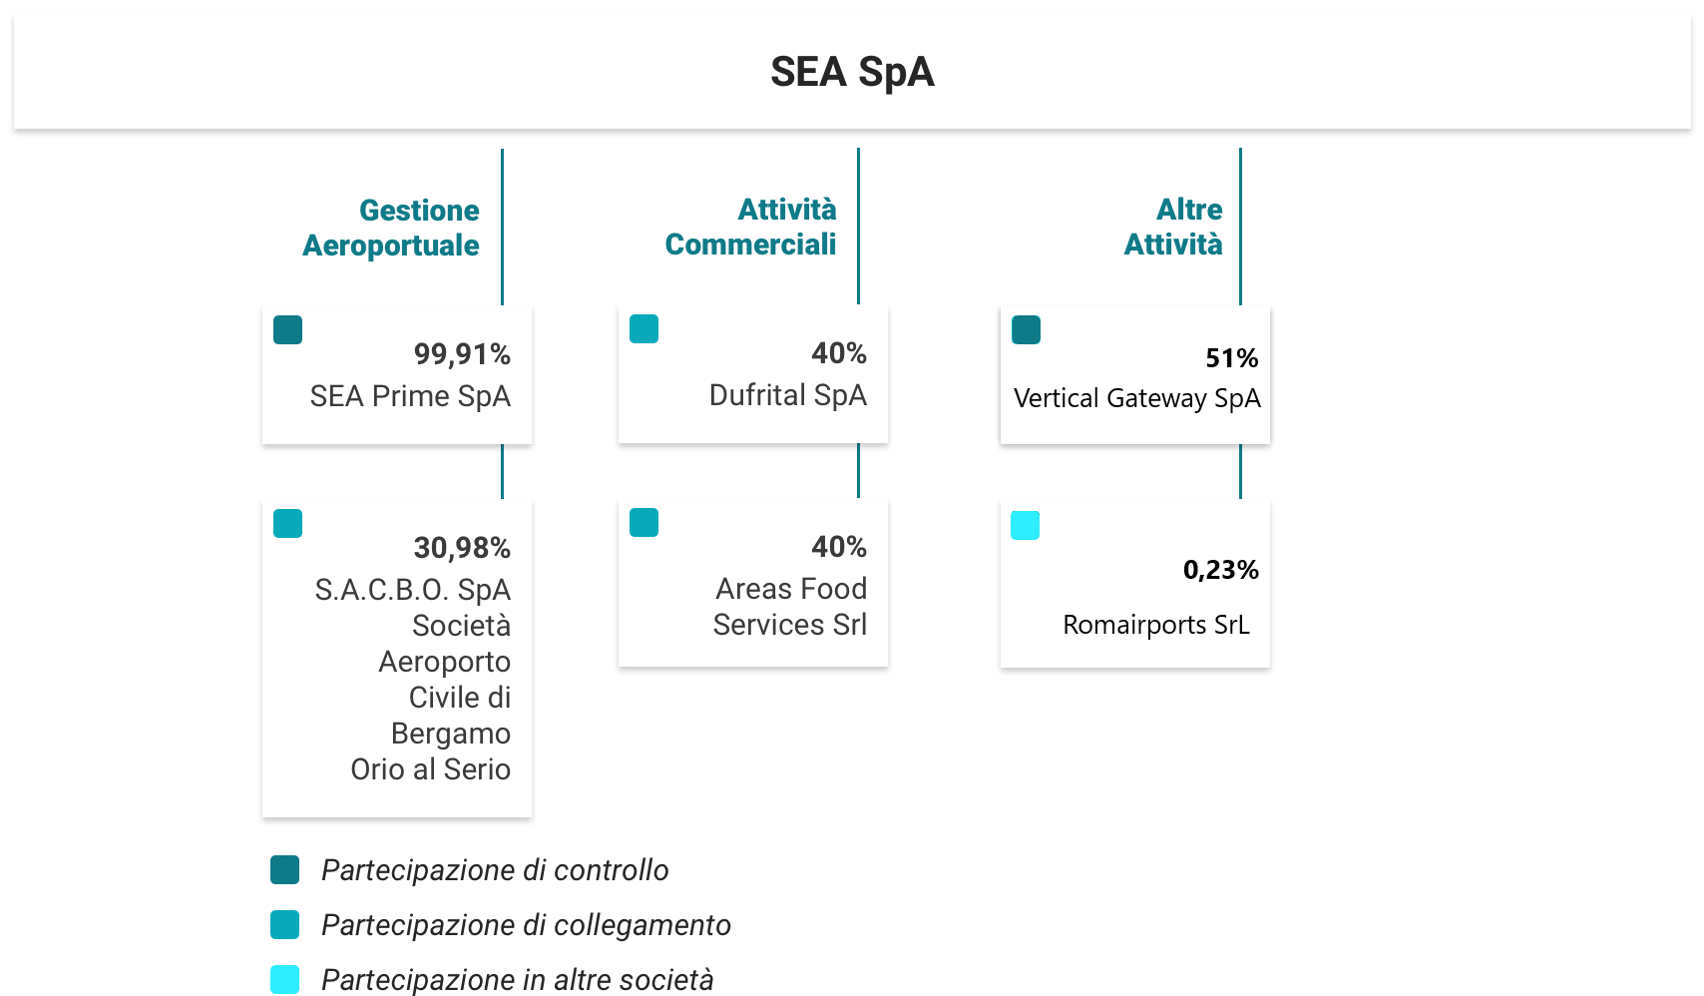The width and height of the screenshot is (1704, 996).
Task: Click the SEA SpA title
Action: click(x=852, y=72)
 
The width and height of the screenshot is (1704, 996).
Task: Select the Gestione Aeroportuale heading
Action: click(x=391, y=228)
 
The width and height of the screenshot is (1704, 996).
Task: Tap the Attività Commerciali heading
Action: click(x=751, y=227)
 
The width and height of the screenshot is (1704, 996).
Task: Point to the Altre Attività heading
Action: click(x=1174, y=227)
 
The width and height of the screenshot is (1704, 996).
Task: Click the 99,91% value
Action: click(x=462, y=354)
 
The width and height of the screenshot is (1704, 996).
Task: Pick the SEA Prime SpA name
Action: click(x=410, y=396)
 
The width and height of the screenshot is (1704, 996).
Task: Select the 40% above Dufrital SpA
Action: click(x=839, y=353)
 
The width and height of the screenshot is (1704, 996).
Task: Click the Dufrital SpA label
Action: click(x=788, y=395)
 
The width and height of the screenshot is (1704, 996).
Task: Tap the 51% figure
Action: click(x=1232, y=358)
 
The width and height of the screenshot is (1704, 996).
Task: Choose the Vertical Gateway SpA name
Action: click(x=1137, y=398)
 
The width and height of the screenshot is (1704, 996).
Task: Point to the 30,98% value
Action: click(x=462, y=548)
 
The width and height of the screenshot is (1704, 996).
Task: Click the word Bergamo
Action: click(x=451, y=734)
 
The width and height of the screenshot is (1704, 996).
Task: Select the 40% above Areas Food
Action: click(x=839, y=547)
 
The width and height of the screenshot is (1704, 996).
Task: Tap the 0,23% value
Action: click(x=1221, y=570)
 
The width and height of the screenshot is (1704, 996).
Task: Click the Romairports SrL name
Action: click(x=1156, y=625)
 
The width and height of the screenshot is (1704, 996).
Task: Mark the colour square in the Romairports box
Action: click(x=1026, y=525)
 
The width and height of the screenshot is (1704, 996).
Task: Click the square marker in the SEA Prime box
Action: click(x=288, y=329)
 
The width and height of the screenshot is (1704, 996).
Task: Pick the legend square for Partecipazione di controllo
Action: click(x=285, y=870)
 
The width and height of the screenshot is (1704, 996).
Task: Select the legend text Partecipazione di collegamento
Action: click(x=526, y=925)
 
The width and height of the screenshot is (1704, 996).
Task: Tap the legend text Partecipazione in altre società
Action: click(x=517, y=980)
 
